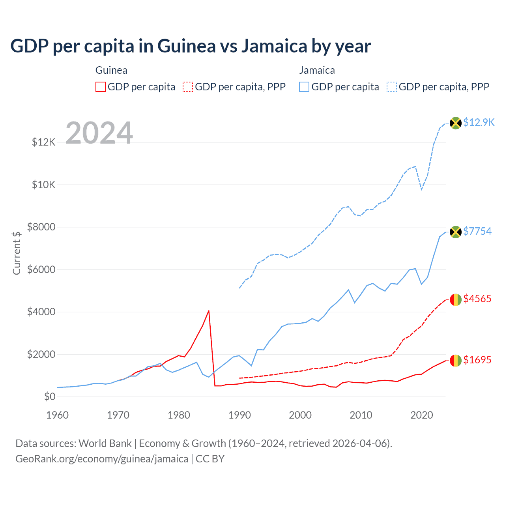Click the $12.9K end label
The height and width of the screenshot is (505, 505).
(x=479, y=122)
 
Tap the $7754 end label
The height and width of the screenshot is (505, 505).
(x=477, y=231)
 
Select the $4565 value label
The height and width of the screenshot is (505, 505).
(x=477, y=299)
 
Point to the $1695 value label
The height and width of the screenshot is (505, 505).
(x=477, y=360)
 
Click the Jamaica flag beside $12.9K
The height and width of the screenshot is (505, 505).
(x=456, y=123)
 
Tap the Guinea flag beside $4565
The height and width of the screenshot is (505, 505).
(x=456, y=300)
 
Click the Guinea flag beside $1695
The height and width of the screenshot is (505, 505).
(x=456, y=361)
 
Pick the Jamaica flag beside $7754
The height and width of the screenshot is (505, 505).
(x=456, y=232)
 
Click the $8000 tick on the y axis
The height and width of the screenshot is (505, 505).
(x=41, y=227)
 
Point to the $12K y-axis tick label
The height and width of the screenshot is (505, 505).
(x=43, y=142)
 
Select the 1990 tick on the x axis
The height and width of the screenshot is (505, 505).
(x=239, y=415)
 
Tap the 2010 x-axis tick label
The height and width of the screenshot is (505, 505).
(x=361, y=415)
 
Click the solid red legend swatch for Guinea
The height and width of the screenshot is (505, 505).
(x=101, y=87)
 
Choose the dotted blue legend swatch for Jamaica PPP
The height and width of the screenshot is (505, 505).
(x=392, y=87)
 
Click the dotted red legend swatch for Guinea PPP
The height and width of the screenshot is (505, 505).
(x=188, y=87)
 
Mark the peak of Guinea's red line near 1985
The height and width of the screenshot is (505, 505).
(x=209, y=311)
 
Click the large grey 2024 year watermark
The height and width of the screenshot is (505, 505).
(x=99, y=133)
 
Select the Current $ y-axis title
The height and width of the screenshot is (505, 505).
(x=17, y=253)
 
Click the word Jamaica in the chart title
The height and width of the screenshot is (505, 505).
(x=274, y=46)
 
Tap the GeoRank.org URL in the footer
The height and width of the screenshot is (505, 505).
(x=102, y=459)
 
